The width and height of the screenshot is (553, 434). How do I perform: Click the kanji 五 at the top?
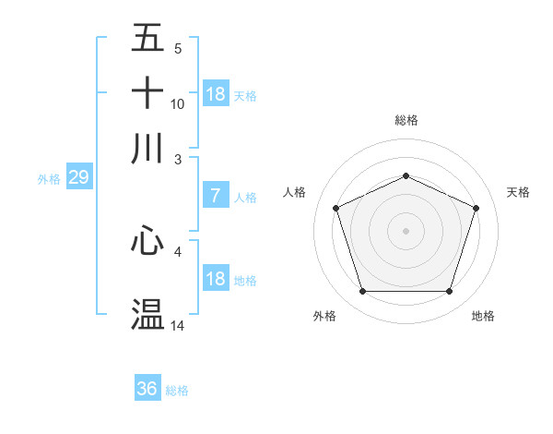click(148, 39)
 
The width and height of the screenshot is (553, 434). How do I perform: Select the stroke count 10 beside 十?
click(178, 103)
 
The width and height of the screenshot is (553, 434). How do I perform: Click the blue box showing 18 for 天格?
click(216, 93)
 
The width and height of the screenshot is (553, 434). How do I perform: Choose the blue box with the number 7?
click(216, 196)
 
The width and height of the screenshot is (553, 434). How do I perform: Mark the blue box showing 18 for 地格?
click(216, 278)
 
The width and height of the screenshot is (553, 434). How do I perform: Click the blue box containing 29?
click(78, 177)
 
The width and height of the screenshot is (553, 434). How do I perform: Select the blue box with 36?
click(147, 389)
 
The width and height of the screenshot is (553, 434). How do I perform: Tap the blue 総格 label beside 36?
click(177, 391)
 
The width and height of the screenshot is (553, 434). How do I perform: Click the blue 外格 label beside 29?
click(49, 179)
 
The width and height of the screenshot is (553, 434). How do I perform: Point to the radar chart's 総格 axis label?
click(406, 120)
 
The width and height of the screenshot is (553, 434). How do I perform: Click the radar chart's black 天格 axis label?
click(519, 192)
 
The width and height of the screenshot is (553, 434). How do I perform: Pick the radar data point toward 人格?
click(336, 208)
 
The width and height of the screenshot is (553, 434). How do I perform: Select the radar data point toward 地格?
click(449, 292)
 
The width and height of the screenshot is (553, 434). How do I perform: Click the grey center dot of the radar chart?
click(406, 230)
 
